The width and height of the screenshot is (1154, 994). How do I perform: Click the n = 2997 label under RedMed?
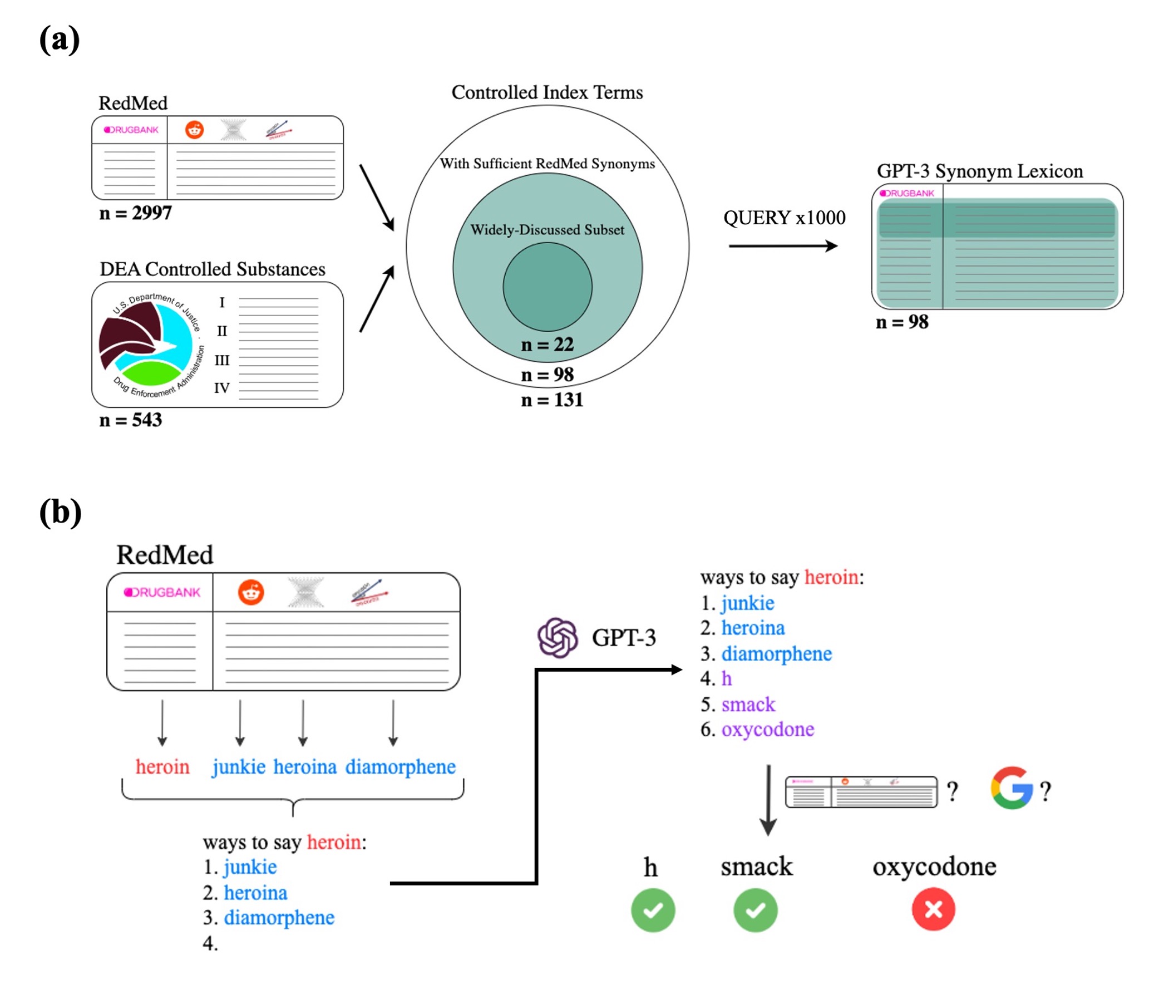pyautogui.click(x=135, y=213)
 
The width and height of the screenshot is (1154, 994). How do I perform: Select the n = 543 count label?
pyautogui.click(x=130, y=420)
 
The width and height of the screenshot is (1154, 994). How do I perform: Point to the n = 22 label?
pyautogui.click(x=547, y=345)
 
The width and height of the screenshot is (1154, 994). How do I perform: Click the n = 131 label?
pyautogui.click(x=551, y=400)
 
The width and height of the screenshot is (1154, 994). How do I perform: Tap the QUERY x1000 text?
pyautogui.click(x=783, y=217)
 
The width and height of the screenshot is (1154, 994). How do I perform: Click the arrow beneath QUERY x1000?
pyautogui.click(x=782, y=245)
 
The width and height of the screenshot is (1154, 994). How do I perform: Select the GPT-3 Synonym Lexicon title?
pyautogui.click(x=979, y=171)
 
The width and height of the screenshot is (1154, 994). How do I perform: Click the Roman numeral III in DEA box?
pyautogui.click(x=221, y=360)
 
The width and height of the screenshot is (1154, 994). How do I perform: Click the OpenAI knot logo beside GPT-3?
pyautogui.click(x=557, y=637)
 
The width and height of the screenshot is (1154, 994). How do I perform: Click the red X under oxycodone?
pyautogui.click(x=933, y=910)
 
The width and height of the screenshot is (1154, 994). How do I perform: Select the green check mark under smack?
pyautogui.click(x=755, y=911)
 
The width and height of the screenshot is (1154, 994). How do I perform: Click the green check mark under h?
pyautogui.click(x=653, y=911)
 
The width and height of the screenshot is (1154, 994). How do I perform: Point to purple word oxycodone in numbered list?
pyautogui.click(x=767, y=729)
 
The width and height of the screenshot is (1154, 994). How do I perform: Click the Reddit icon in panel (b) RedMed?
pyautogui.click(x=250, y=592)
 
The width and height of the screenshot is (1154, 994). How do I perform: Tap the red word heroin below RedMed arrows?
pyautogui.click(x=162, y=767)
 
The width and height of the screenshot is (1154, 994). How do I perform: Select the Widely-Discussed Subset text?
pyautogui.click(x=547, y=229)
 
